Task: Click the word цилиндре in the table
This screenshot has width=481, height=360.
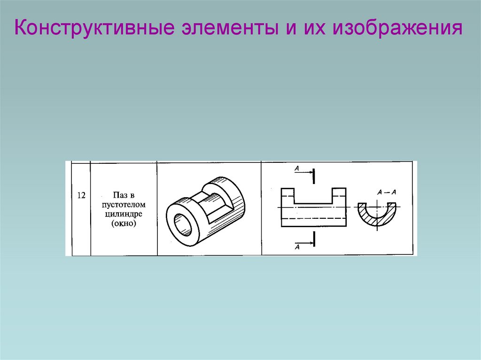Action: tap(124, 214)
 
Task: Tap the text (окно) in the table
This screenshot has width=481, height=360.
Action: tap(124, 224)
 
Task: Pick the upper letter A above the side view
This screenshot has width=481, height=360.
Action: tap(297, 168)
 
